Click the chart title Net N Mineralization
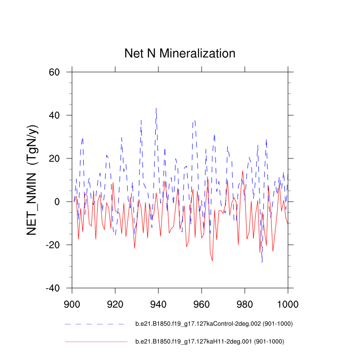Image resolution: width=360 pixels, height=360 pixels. [x=180, y=54]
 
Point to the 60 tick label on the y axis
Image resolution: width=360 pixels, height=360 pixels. [x=54, y=72]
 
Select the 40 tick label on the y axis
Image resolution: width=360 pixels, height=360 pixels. [x=54, y=115]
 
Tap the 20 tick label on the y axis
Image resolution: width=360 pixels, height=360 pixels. [x=54, y=158]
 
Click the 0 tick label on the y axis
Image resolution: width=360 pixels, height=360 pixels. [x=57, y=202]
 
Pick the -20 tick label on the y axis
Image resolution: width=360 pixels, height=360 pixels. [x=53, y=245]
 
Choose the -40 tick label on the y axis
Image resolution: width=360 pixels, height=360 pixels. [x=53, y=288]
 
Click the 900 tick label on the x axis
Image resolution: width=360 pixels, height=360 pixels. [x=72, y=303]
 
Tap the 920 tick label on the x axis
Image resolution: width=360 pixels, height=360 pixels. [x=115, y=303]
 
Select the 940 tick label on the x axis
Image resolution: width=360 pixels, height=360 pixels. [x=158, y=303]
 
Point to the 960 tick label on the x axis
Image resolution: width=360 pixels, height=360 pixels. [x=202, y=303]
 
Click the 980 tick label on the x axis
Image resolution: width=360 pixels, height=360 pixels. [x=245, y=303]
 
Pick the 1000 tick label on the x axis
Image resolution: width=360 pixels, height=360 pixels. [x=288, y=303]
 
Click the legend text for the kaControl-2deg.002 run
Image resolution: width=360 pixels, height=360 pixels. [x=211, y=324]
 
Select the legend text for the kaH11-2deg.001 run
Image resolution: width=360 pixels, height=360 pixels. [x=210, y=342]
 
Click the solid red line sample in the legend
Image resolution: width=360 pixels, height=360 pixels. [x=96, y=342]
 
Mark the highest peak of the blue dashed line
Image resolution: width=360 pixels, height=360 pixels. [x=156, y=108]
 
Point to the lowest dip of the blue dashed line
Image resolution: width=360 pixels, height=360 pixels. [x=262, y=262]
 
